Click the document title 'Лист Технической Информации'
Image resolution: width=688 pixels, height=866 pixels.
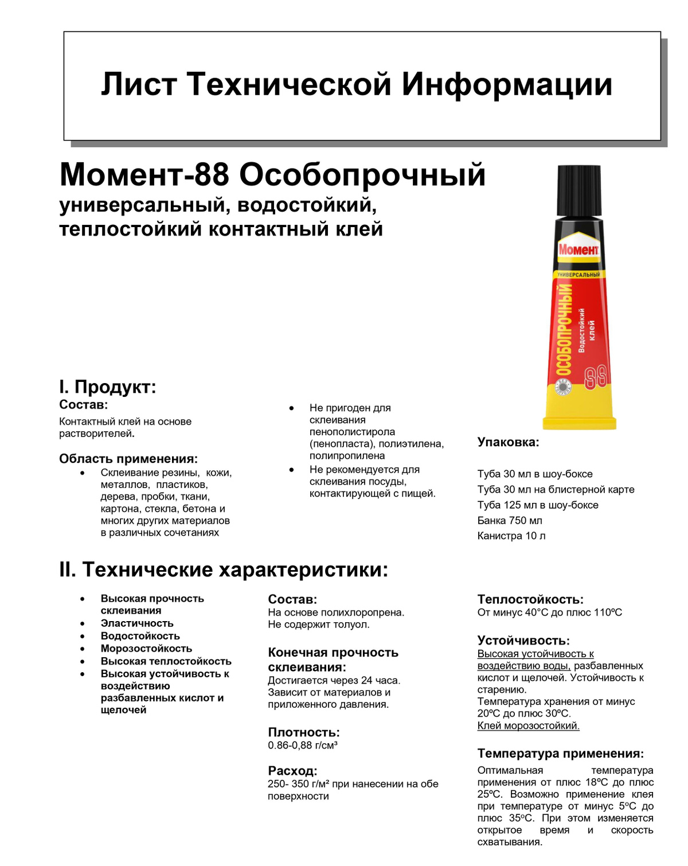click(357, 84)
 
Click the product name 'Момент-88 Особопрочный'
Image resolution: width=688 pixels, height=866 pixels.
click(272, 175)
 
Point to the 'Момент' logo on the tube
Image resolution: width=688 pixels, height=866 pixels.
click(578, 250)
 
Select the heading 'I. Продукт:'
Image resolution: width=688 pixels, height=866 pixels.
click(108, 387)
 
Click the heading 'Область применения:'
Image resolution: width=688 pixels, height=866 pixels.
click(128, 459)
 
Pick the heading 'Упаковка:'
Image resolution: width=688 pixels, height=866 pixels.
click(508, 442)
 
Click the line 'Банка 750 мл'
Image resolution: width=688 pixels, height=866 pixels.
click(510, 521)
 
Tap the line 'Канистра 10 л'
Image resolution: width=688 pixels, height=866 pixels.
click(511, 536)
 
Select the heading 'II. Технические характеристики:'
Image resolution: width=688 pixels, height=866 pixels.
click(224, 569)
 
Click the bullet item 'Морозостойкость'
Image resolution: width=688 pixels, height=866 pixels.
click(146, 649)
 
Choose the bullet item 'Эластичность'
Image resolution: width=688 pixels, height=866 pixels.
click(137, 623)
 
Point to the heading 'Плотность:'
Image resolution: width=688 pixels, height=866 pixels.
click(304, 732)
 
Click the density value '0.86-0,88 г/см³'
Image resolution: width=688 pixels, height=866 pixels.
click(303, 746)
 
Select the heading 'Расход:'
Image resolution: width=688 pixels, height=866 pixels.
click(292, 771)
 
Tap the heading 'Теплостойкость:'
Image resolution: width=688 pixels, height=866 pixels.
click(530, 599)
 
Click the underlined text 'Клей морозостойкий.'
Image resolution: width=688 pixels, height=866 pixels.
click(528, 726)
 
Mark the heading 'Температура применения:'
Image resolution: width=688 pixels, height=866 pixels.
click(560, 754)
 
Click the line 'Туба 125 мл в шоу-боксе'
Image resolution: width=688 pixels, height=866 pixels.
click(538, 505)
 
